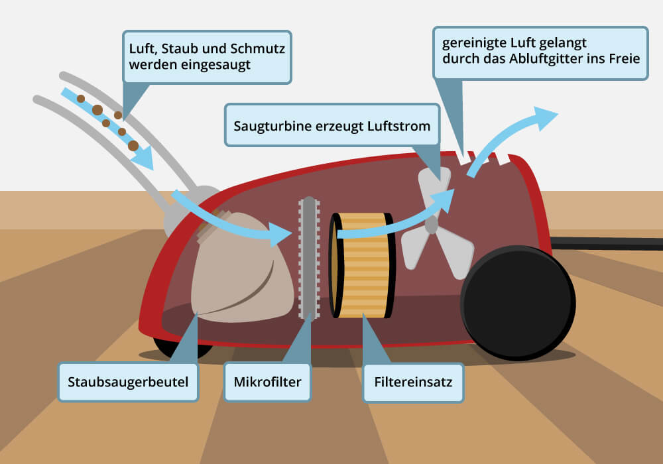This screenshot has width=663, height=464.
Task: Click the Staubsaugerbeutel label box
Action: pos(128,382)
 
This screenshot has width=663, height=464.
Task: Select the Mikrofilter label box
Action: pos(267,382)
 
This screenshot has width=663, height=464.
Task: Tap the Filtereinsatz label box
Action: pos(412,382)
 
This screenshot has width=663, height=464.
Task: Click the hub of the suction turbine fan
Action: pos(432,225)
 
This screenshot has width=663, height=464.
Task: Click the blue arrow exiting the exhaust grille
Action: pos(511,136)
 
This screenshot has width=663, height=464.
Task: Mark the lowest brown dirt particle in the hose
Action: pos(133,145)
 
